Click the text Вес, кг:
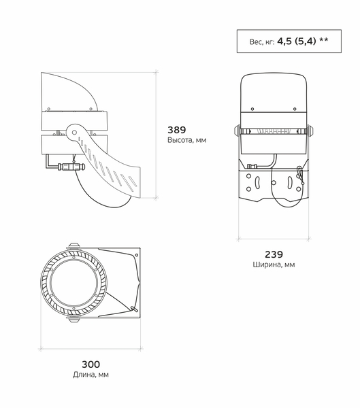click(262, 41)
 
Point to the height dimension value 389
click(176, 129)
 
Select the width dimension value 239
click(274, 254)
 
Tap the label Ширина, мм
click(274, 265)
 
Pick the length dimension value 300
click(91, 363)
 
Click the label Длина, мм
click(91, 375)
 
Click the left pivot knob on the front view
click(237, 131)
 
